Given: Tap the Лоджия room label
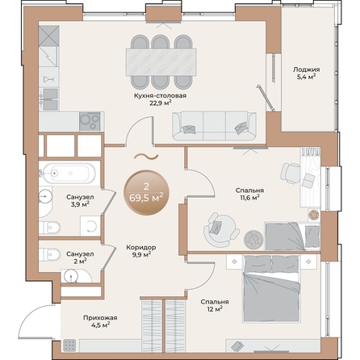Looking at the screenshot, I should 306,69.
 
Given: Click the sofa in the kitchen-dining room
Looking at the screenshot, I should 215,125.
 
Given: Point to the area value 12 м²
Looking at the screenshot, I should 216,310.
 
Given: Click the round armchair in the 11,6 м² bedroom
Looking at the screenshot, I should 216,228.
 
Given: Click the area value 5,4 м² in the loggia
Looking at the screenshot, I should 306,77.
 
